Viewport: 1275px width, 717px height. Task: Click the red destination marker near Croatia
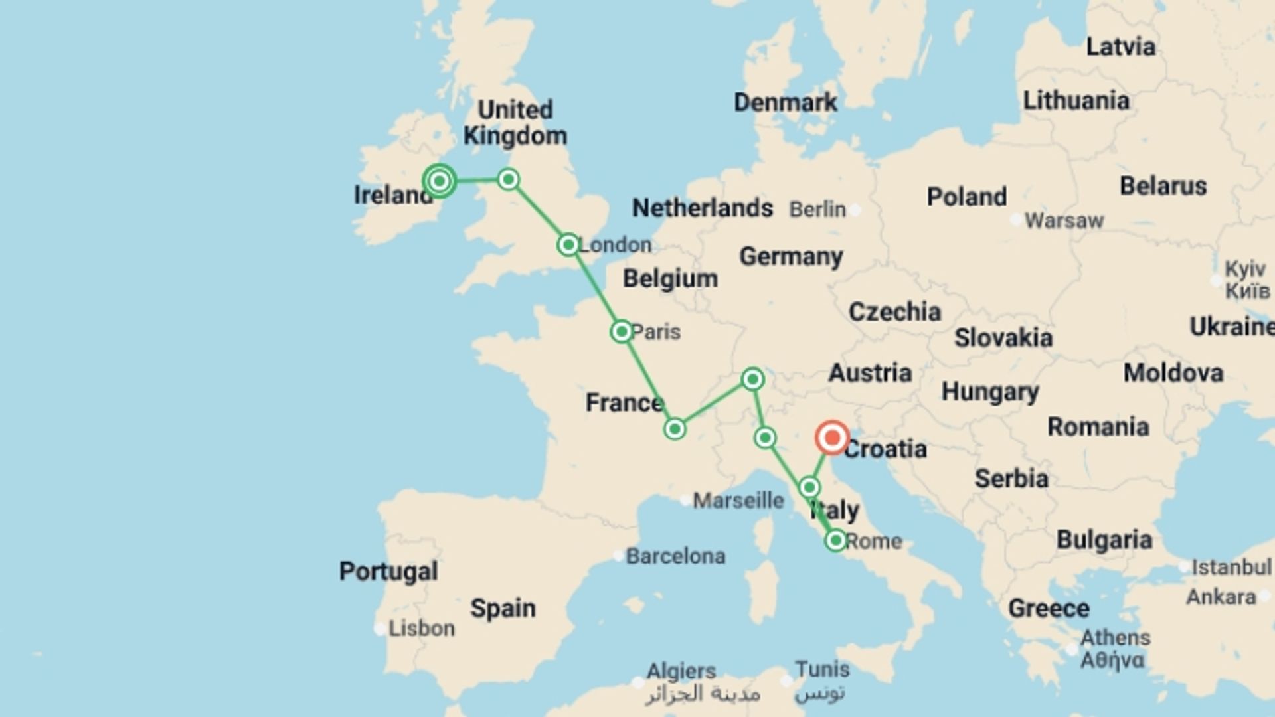(832, 438)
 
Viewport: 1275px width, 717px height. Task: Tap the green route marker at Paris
(622, 331)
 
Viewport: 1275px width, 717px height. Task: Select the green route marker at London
(568, 245)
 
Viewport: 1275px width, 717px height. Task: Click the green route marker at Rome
(836, 540)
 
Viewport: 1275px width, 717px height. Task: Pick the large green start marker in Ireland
(440, 181)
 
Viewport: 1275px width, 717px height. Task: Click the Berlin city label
(817, 210)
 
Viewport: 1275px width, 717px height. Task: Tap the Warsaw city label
(1064, 220)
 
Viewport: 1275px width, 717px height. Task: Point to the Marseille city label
(738, 500)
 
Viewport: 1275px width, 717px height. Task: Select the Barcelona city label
(675, 556)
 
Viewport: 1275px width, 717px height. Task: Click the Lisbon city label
(421, 628)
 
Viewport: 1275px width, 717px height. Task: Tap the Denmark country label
(786, 102)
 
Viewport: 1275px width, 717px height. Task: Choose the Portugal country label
(388, 571)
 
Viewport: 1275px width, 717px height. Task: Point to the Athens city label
(1115, 638)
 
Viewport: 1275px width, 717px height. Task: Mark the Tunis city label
(822, 669)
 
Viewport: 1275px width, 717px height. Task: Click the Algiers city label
(681, 671)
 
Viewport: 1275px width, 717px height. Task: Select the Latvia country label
(1120, 47)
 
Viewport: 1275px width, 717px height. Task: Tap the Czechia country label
(894, 311)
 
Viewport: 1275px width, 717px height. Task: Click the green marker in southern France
(675, 429)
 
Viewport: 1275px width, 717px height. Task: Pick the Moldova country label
(1173, 373)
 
